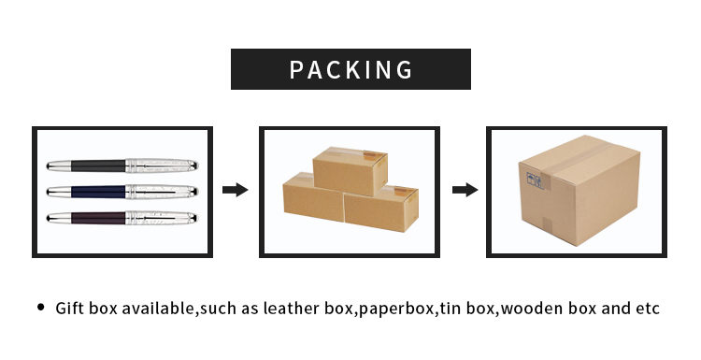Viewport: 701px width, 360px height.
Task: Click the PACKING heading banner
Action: click(350, 69)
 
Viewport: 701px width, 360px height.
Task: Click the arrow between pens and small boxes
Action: click(236, 190)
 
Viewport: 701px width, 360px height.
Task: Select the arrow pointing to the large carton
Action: click(465, 190)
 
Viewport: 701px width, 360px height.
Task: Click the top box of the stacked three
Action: click(349, 173)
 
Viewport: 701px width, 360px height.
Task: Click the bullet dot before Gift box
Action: click(40, 308)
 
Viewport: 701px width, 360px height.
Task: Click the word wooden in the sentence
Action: click(526, 309)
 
